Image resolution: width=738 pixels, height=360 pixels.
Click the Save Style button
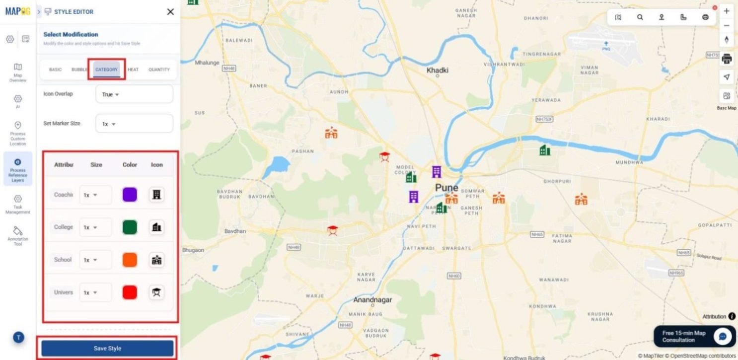pos(107,348)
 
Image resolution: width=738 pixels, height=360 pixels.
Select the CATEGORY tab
pos(106,70)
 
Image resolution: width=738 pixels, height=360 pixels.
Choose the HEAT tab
pos(133,70)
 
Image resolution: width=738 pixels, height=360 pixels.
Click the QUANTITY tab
pos(159,70)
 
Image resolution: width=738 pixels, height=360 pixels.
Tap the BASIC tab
pos(55,70)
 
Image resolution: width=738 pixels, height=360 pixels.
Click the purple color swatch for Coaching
pos(130,195)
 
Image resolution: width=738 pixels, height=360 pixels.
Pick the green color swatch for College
pos(130,227)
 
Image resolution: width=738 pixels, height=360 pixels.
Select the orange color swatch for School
pos(130,260)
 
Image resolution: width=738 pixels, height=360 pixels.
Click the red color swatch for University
pos(130,292)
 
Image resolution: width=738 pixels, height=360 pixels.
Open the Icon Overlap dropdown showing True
pos(134,94)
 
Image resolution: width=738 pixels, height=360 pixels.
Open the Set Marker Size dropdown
pos(134,124)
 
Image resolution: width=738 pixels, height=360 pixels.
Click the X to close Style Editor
pos(170,12)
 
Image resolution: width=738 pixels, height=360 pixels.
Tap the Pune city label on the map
pos(446,188)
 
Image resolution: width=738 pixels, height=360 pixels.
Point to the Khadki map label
pos(437,71)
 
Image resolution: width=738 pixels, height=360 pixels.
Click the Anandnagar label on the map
pos(372,300)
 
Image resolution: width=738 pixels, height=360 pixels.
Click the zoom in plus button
pos(727,11)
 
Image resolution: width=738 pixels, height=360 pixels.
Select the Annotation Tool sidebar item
pos(18,235)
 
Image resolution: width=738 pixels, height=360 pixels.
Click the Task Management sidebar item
pos(18,204)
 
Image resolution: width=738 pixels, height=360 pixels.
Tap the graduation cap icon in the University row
pos(157,292)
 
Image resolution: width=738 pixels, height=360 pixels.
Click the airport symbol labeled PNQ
pos(606,44)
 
